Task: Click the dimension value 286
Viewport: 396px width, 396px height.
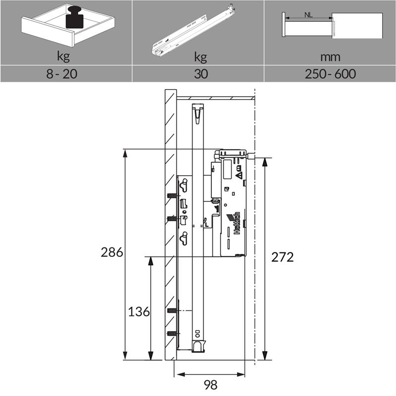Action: click(112, 252)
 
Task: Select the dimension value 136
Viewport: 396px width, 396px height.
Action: click(139, 312)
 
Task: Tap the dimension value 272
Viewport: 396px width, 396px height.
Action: click(282, 257)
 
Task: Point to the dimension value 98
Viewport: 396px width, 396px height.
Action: click(210, 385)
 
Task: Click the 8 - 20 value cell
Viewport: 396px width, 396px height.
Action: click(61, 74)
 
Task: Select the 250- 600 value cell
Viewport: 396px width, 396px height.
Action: click(330, 74)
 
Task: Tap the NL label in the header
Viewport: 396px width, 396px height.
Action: click(308, 15)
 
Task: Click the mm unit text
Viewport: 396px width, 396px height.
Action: click(330, 57)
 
